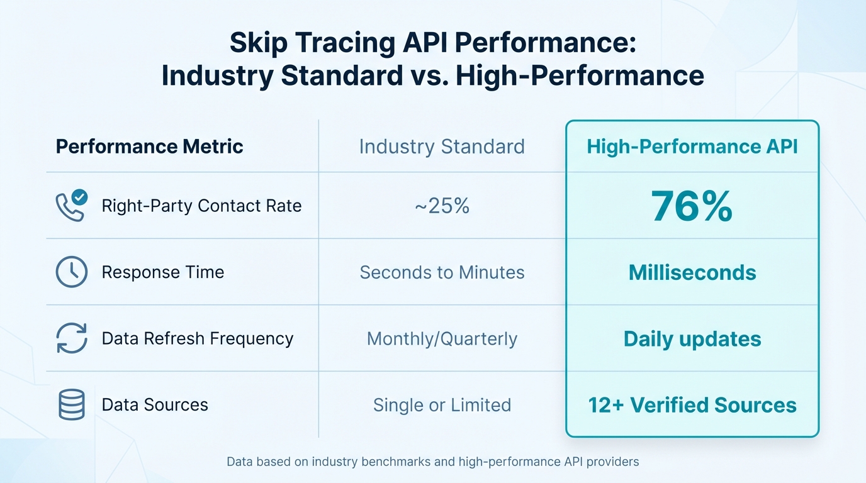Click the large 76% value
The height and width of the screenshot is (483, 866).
point(692,206)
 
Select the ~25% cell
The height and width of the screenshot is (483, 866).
point(442,206)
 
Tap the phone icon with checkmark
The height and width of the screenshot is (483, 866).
point(71,206)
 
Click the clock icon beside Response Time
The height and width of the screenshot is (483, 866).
point(71,272)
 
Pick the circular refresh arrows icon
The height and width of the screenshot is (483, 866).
point(71,338)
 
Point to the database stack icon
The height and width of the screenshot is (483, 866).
point(71,404)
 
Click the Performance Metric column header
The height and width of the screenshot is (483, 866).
point(149,147)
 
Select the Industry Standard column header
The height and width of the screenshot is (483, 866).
point(442,147)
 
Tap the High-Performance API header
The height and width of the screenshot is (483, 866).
point(692,147)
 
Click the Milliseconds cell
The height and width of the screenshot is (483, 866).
point(692,272)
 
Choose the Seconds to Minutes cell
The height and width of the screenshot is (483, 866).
point(442,272)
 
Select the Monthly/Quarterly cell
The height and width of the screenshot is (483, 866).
point(442,338)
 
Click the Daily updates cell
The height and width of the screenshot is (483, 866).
point(692,339)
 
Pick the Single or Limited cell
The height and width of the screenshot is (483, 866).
point(442,404)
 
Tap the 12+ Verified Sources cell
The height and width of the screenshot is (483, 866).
point(692,404)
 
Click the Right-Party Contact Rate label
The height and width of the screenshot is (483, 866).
point(201,206)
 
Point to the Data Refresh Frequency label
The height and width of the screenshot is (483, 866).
point(198,338)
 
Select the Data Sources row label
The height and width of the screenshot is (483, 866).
point(155,404)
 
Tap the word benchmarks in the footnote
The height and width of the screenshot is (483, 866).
point(390,462)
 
